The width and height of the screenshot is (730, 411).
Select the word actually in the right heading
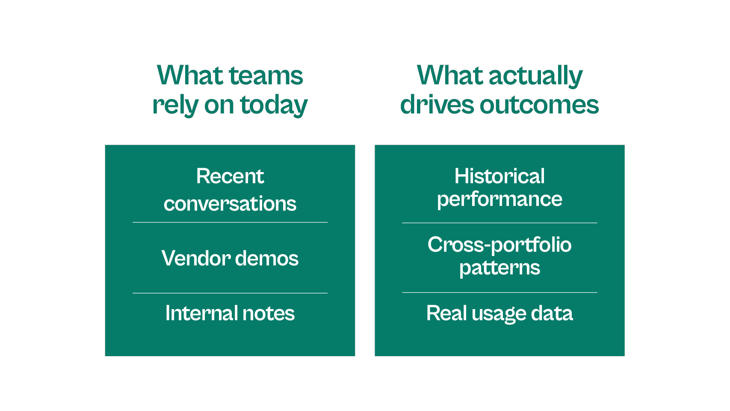click(x=535, y=76)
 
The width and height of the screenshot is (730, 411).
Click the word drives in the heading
click(x=437, y=104)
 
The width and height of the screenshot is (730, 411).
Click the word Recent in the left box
click(x=230, y=176)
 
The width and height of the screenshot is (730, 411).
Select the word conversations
click(x=230, y=204)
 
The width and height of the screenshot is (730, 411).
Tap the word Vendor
click(x=196, y=258)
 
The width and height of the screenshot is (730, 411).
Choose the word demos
click(x=266, y=258)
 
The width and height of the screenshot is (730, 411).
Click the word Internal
click(x=202, y=313)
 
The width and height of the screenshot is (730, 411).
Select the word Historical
click(x=499, y=176)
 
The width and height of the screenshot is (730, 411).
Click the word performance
click(x=499, y=200)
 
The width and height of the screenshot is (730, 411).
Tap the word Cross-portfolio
click(x=499, y=244)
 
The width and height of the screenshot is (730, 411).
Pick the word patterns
click(x=499, y=268)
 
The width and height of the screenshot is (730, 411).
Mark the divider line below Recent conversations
click(x=230, y=223)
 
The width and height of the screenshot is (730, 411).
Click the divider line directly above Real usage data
click(x=499, y=292)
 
